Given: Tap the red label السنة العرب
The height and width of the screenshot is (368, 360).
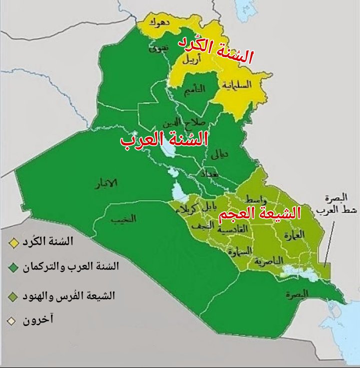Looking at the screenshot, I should [x=164, y=138].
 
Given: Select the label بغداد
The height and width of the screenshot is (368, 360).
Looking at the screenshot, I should [x=209, y=174].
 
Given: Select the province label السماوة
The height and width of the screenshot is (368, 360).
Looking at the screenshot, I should [x=238, y=252].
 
